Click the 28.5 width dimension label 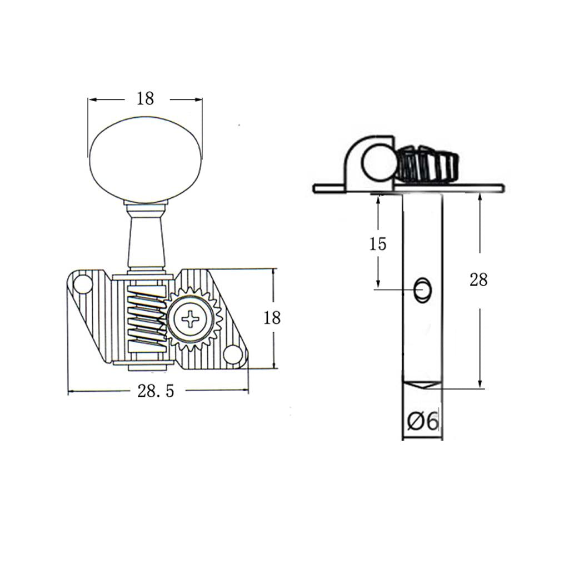pyautogui.click(x=156, y=391)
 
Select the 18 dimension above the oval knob pyautogui.click(x=145, y=98)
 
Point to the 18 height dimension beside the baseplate pyautogui.click(x=272, y=318)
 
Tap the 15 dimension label pyautogui.click(x=378, y=244)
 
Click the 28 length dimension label pyautogui.click(x=478, y=280)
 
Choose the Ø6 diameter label pyautogui.click(x=423, y=422)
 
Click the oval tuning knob pyautogui.click(x=145, y=160)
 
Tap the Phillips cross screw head pyautogui.click(x=190, y=319)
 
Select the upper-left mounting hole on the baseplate pyautogui.click(x=83, y=283)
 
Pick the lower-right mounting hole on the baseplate pyautogui.click(x=232, y=355)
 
